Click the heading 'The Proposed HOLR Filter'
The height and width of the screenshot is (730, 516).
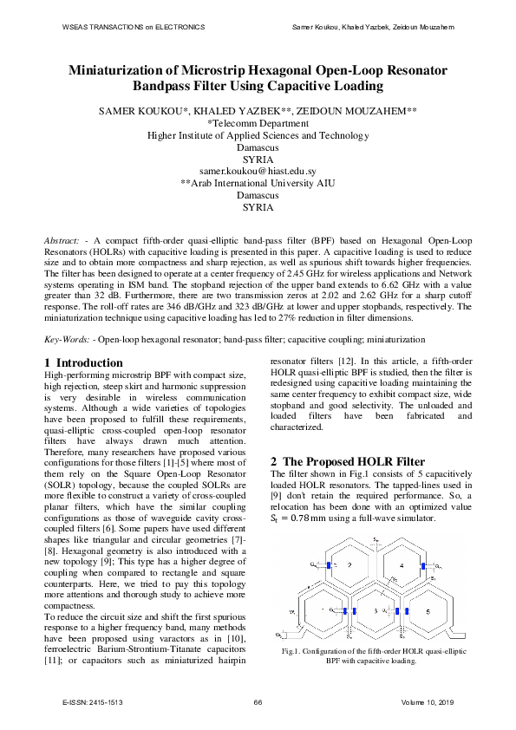[x=354, y=462]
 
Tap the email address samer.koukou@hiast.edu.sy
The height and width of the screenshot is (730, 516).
[x=258, y=172]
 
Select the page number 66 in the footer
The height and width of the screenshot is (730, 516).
[x=258, y=701]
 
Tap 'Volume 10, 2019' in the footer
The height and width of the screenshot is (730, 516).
[x=428, y=701]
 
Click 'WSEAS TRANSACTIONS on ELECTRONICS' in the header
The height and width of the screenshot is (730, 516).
[x=134, y=27]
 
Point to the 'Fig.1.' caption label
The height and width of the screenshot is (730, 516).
[x=295, y=650]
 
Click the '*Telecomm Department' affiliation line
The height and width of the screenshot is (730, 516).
[x=258, y=124]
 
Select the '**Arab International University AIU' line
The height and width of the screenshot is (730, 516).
[x=258, y=183]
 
